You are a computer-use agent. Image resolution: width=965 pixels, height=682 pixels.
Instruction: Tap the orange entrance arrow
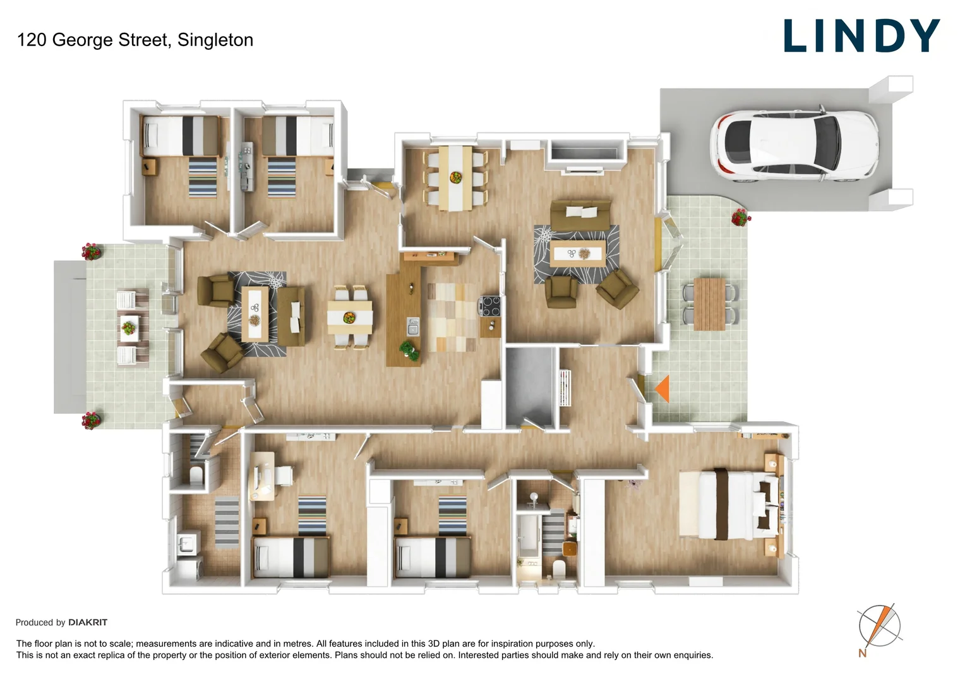tap(662, 389)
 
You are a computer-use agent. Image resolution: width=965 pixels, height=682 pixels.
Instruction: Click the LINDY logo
tap(861, 36)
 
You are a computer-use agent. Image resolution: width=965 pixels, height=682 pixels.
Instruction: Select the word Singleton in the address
tap(215, 40)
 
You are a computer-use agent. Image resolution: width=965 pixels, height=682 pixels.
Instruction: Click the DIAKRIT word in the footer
tap(88, 623)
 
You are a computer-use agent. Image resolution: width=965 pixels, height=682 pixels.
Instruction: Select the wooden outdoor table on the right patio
tap(709, 304)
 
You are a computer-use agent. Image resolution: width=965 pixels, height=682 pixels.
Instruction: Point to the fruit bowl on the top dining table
tap(455, 177)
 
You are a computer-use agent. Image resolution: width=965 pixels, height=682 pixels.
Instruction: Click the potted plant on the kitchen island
tap(409, 350)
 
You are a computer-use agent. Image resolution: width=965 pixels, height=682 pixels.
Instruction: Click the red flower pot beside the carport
tap(740, 218)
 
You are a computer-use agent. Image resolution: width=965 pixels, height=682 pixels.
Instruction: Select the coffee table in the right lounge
tap(577, 254)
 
